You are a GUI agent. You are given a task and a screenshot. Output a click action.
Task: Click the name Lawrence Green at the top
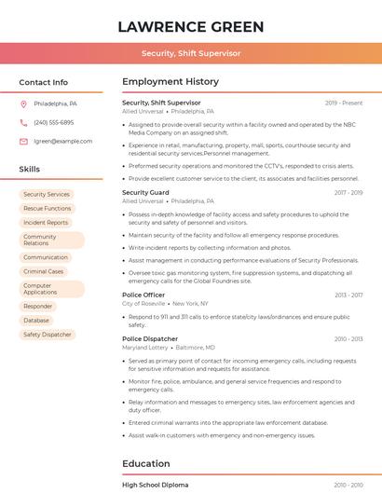click(191, 26)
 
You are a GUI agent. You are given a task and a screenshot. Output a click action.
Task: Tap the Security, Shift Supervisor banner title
click(191, 53)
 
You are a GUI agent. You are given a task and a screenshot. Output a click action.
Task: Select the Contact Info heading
click(44, 82)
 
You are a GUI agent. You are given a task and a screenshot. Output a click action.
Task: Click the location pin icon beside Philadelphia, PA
click(23, 103)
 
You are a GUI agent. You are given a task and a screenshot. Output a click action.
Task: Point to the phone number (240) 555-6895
click(54, 122)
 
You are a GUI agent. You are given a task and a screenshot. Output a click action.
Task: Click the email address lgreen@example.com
click(62, 141)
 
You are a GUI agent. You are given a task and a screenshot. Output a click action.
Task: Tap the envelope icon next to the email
click(23, 141)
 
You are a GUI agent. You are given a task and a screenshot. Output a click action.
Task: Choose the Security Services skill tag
click(47, 194)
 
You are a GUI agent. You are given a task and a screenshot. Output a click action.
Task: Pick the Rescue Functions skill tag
click(48, 208)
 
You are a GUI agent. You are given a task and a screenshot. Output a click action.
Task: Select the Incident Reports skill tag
click(46, 223)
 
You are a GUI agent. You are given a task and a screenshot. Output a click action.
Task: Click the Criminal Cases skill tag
click(44, 271)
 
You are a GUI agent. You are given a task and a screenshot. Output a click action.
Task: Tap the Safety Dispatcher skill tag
click(48, 334)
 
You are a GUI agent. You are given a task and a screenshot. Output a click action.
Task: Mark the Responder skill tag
click(38, 306)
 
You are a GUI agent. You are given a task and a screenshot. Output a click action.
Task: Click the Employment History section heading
click(171, 82)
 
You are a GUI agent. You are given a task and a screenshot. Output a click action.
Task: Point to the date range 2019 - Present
click(344, 103)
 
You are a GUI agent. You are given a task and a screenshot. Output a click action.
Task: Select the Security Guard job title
click(145, 192)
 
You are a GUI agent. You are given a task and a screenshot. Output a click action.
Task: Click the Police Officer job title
click(144, 295)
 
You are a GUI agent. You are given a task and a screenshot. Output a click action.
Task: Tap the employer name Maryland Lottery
click(145, 347)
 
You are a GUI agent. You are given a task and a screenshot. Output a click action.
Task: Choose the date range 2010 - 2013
click(348, 339)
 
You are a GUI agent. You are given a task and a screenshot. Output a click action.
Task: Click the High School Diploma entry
click(155, 485)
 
